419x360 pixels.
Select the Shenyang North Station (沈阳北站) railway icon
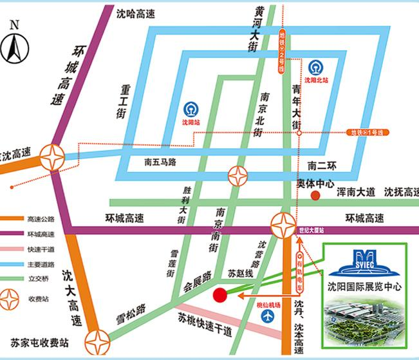315,66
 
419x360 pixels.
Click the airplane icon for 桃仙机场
268,317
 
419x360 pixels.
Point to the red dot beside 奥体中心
315,195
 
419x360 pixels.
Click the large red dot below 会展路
219,295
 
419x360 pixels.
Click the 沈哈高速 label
136,13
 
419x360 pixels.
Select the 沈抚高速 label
401,191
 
